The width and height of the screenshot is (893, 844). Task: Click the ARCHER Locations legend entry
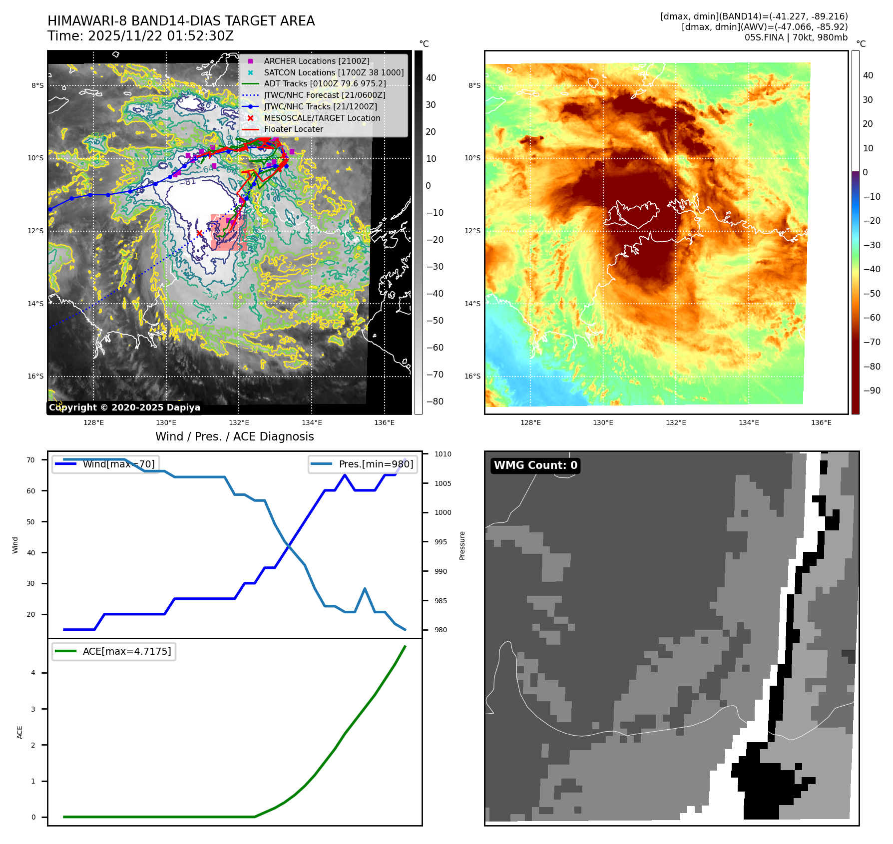coord(317,61)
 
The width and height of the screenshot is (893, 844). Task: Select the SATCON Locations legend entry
coord(334,72)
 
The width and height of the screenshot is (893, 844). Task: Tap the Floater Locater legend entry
coord(293,129)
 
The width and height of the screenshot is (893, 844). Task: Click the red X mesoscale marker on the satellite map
coord(199,233)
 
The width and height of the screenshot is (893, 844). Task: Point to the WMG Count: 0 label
coord(535,465)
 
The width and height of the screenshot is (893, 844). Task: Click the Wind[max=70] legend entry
coord(118,464)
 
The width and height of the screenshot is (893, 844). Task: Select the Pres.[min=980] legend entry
coord(376,464)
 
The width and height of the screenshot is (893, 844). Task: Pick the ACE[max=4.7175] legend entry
coord(126,651)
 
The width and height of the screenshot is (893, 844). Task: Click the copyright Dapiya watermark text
coord(124,408)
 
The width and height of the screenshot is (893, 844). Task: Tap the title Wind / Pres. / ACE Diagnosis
coord(235,436)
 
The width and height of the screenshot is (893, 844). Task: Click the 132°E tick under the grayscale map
coord(239,422)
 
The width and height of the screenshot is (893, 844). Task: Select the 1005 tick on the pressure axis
coord(443,483)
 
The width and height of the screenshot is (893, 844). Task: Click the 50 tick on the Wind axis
coord(31,522)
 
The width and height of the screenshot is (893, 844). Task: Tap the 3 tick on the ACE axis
coord(33,709)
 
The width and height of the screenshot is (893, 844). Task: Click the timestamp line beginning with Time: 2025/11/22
coord(140,36)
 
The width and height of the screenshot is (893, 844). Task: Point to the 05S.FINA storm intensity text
coord(796,37)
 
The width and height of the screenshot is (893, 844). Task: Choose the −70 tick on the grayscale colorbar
coord(435,375)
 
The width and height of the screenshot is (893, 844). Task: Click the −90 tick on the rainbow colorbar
coord(872,391)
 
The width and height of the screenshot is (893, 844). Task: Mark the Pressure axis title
coord(462,545)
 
